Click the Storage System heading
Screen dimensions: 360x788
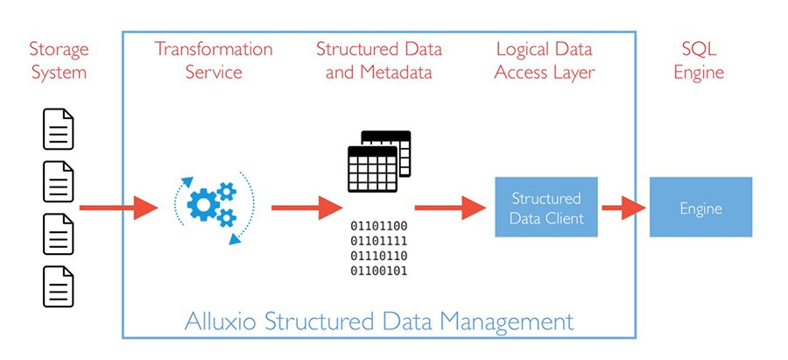point(60,60)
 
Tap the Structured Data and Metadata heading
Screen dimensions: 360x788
point(379,60)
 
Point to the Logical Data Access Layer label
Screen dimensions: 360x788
point(545,60)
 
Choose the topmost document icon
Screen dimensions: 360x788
point(59,130)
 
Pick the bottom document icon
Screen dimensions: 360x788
point(59,286)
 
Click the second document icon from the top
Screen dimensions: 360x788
point(59,182)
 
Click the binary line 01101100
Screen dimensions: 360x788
point(379,226)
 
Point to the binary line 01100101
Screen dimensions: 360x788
point(379,271)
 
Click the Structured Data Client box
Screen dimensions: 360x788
point(546,207)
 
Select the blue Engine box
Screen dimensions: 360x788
point(700,208)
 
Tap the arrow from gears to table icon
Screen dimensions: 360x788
point(306,208)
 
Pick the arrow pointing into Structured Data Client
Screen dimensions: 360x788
point(449,208)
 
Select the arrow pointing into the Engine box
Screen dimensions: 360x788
point(623,208)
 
